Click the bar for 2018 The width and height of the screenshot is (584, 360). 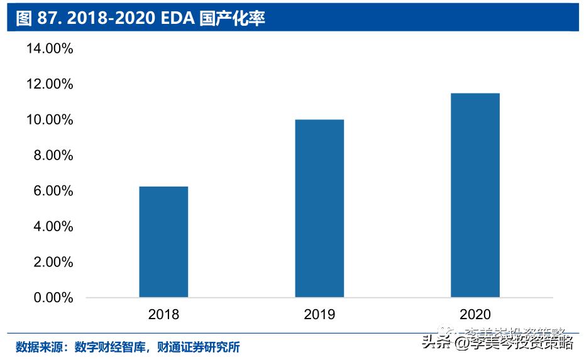(x=163, y=242)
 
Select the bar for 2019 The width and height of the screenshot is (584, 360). (x=319, y=208)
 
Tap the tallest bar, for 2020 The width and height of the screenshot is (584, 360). (x=475, y=195)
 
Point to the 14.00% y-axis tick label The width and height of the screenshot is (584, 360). (x=49, y=48)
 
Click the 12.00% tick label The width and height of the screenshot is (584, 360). (x=49, y=84)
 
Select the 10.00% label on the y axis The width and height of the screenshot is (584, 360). (x=49, y=119)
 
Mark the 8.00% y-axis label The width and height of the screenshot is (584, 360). (x=53, y=155)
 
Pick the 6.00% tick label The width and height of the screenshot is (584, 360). (x=53, y=191)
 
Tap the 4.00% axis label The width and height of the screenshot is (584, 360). (x=53, y=226)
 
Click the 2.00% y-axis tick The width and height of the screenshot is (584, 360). (x=53, y=262)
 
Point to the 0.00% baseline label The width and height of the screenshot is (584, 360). (x=53, y=297)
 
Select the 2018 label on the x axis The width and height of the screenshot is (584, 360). (x=163, y=314)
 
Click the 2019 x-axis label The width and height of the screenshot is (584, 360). (x=319, y=314)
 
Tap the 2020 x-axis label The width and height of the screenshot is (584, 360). (x=475, y=314)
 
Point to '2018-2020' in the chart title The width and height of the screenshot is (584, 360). (x=110, y=18)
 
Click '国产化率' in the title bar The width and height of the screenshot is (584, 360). (x=233, y=18)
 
